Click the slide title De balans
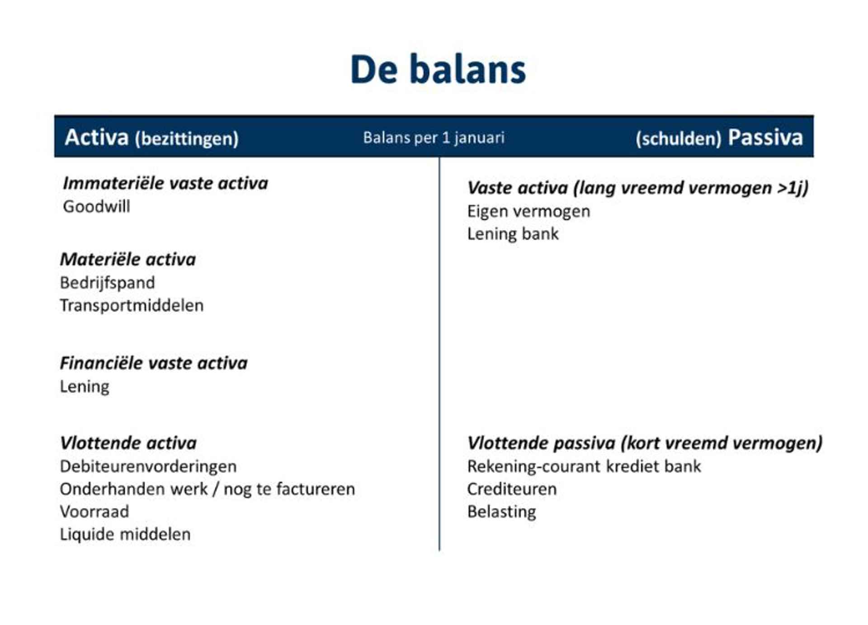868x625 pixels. (x=438, y=69)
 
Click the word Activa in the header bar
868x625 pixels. (x=97, y=137)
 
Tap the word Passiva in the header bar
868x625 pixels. (x=765, y=137)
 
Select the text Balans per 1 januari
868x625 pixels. (x=434, y=137)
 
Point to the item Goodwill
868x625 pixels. (x=96, y=206)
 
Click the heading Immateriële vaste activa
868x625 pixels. (x=165, y=183)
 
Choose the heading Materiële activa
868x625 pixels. (x=128, y=259)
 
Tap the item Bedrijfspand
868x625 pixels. (x=107, y=283)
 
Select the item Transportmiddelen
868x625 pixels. (x=132, y=305)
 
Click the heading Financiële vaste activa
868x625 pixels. (x=154, y=363)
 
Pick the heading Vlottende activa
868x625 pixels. (x=128, y=443)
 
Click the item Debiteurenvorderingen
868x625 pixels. (x=148, y=466)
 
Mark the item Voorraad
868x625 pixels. (x=94, y=511)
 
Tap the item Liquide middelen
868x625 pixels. (x=125, y=534)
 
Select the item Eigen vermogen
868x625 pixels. (x=528, y=212)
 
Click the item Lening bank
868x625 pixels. (x=513, y=234)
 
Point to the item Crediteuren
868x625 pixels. (x=512, y=489)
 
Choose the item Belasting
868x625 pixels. (x=501, y=512)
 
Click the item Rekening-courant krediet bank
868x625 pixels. (x=584, y=466)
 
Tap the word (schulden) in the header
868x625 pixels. (x=678, y=138)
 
